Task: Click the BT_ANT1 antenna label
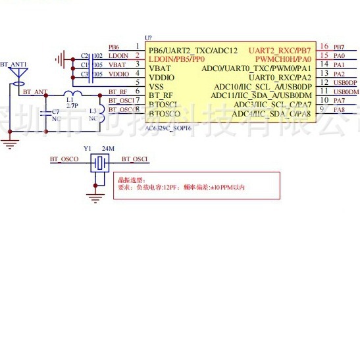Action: tap(13, 64)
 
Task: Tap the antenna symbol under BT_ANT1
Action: tap(18, 78)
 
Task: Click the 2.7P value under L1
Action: tap(72, 105)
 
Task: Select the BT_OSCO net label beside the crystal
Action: tap(64, 159)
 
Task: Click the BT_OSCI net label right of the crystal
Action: tap(134, 159)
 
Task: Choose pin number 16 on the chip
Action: tap(324, 47)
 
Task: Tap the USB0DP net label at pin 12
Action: tap(345, 82)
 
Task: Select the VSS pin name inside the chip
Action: tap(157, 86)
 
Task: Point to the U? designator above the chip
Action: tap(148, 39)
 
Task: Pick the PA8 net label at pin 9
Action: tap(339, 109)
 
